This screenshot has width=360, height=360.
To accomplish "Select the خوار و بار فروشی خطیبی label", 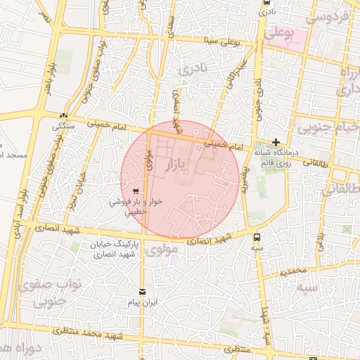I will (x=136, y=205).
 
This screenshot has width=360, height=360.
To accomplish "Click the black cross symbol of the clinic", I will (x=276, y=141).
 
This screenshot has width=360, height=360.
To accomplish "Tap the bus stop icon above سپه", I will (x=257, y=237).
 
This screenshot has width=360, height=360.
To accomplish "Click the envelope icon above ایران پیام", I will (x=143, y=291).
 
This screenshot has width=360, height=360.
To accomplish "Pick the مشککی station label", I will (x=65, y=127).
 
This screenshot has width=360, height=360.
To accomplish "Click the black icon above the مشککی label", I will (x=65, y=116).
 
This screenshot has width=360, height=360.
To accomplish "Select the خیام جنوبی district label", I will (x=328, y=129).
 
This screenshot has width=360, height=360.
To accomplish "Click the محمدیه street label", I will (x=292, y=271).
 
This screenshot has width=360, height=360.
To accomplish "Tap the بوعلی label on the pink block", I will (x=278, y=33).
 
